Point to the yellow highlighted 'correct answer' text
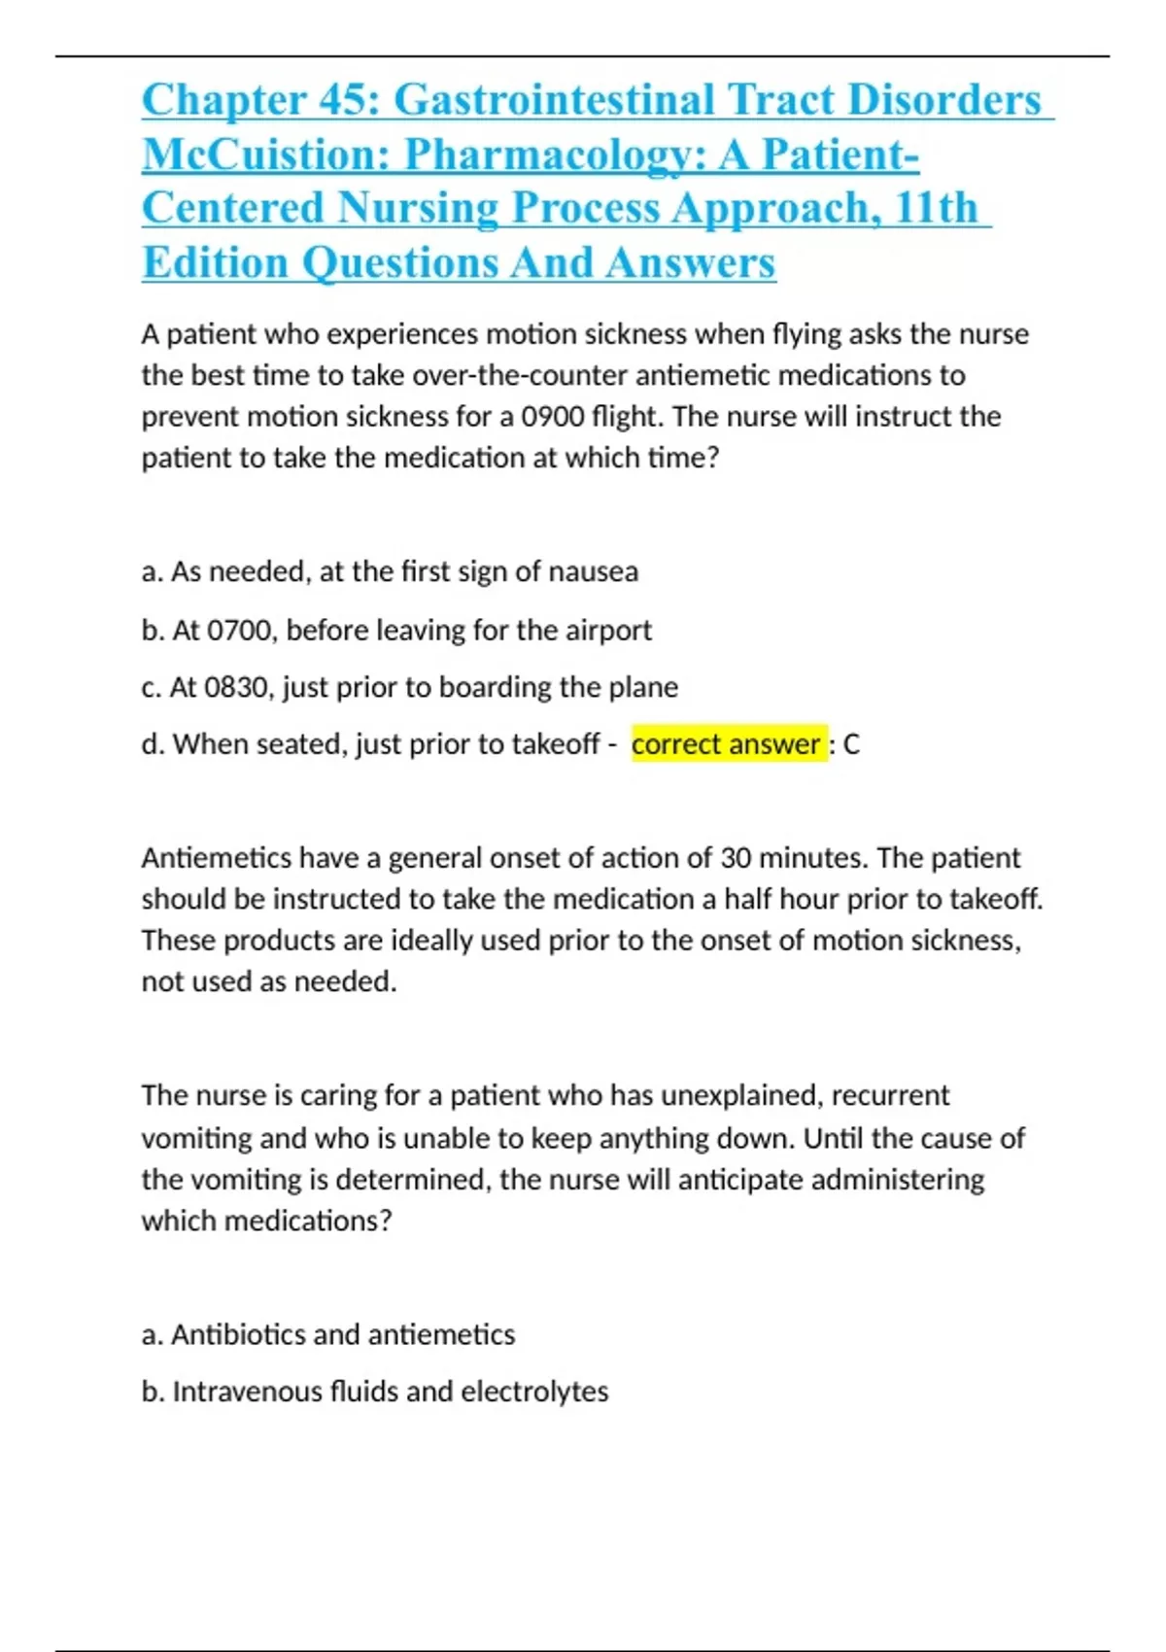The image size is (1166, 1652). coord(726,744)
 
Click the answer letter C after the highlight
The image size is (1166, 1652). coord(851,744)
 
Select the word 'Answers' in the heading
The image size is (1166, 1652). coord(691,262)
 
